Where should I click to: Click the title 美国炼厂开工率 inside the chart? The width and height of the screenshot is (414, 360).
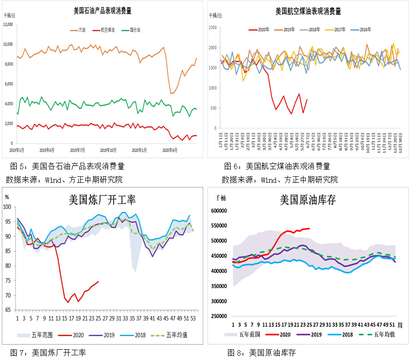coord(102,200)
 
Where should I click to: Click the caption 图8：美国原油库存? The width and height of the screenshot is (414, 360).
coord(261,353)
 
